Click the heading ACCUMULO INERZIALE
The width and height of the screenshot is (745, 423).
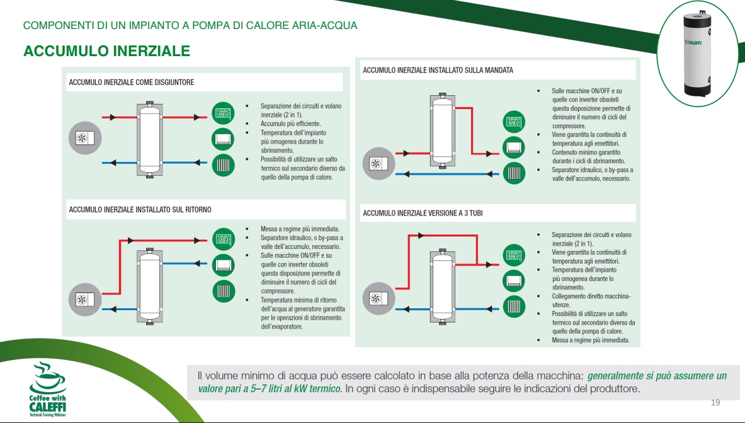(x=106, y=51)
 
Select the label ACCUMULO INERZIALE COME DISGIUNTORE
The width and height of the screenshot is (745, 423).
(x=131, y=83)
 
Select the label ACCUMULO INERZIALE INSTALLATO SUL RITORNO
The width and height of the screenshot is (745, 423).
(x=140, y=209)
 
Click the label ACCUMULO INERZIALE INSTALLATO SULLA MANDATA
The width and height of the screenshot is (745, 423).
(x=438, y=70)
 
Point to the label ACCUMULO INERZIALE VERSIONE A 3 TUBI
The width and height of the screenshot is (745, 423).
(x=423, y=214)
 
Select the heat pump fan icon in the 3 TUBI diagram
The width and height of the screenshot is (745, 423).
(x=377, y=297)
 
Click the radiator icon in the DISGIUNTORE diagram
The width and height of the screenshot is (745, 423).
(x=222, y=165)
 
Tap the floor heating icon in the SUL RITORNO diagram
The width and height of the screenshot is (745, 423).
(x=222, y=239)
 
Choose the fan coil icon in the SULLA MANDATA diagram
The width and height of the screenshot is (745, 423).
(x=513, y=147)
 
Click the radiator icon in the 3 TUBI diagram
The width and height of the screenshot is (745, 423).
(x=513, y=307)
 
